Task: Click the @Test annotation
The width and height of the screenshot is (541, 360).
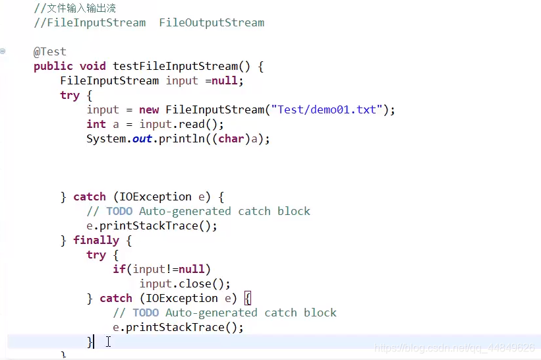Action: [50, 51]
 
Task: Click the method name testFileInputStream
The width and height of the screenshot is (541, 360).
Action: [175, 66]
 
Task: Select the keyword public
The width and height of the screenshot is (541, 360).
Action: [53, 66]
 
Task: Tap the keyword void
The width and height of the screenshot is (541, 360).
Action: [93, 66]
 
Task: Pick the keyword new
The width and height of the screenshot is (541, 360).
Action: [149, 109]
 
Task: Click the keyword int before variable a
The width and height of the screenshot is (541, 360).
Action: [96, 124]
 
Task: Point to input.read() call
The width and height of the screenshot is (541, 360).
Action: [182, 124]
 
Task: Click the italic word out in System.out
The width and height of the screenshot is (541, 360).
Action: [142, 138]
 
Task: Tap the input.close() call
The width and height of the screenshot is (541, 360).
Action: [185, 284]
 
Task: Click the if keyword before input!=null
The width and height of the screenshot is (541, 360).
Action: [119, 269]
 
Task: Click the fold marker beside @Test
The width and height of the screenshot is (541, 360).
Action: [3, 51]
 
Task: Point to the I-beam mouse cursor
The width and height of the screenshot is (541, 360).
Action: [108, 342]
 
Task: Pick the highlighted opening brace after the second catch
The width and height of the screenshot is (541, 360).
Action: [248, 298]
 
